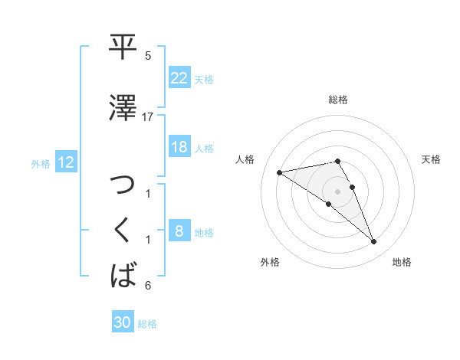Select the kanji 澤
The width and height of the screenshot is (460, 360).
point(123,108)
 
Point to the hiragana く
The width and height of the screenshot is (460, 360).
point(123,230)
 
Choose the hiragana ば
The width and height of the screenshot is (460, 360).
point(123,273)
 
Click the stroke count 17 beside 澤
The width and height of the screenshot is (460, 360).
point(148,116)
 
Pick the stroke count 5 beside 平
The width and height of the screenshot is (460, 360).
point(148,56)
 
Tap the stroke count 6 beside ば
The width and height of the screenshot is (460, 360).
point(148,286)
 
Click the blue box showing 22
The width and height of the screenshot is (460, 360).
point(179,78)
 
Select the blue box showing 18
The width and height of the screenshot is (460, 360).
point(179,147)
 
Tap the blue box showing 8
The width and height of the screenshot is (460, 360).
point(179,231)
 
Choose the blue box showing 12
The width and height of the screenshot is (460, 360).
point(65,162)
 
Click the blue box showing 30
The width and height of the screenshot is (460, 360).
point(123,322)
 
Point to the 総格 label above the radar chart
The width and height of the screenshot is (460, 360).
point(338,100)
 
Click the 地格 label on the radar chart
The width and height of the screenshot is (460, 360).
point(402,262)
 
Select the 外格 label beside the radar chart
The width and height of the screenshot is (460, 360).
point(270,262)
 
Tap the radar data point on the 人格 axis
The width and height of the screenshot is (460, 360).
point(280,172)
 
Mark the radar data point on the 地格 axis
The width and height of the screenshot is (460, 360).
point(373,242)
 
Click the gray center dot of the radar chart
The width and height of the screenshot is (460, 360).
point(338,191)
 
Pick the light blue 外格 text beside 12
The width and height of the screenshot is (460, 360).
point(41,163)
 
